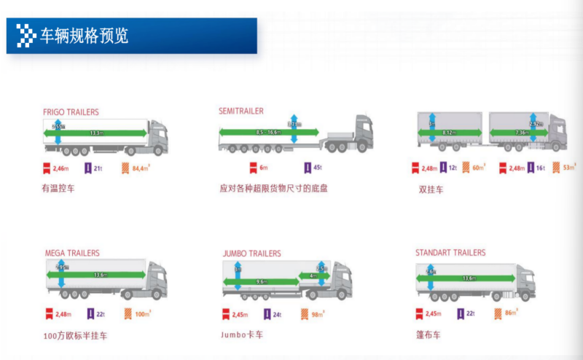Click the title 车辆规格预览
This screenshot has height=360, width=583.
[83, 35]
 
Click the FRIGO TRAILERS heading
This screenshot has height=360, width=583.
[71, 112]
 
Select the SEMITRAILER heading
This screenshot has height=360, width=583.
[241, 111]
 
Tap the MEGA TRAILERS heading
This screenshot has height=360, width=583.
[72, 253]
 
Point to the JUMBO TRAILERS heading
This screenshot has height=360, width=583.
[251, 254]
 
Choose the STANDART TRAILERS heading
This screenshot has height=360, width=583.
[450, 253]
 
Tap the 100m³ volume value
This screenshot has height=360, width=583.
[142, 314]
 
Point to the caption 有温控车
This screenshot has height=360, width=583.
[58, 188]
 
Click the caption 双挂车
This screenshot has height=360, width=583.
[428, 189]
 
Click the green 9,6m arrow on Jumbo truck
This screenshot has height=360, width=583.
[263, 281]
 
